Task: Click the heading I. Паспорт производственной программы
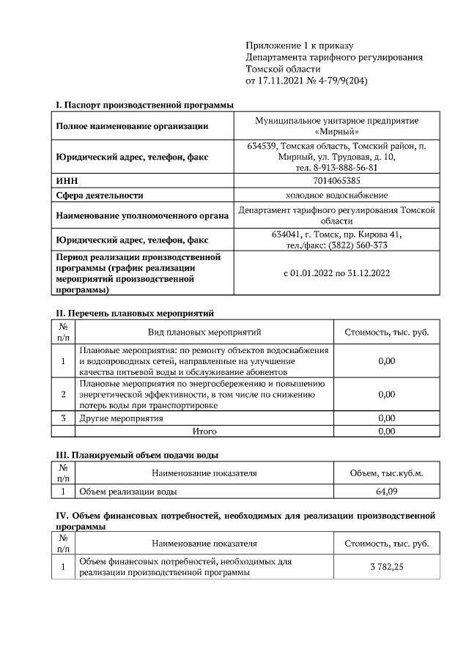pyautogui.click(x=144, y=106)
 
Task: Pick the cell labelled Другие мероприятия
pyautogui.click(x=121, y=418)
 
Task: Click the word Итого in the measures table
pyautogui.click(x=204, y=431)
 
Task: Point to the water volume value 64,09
pyautogui.click(x=386, y=492)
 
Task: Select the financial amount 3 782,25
pyautogui.click(x=386, y=567)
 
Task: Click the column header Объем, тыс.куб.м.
pyautogui.click(x=386, y=473)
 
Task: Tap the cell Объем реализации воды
pyautogui.click(x=128, y=492)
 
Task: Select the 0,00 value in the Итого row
pyautogui.click(x=386, y=431)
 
